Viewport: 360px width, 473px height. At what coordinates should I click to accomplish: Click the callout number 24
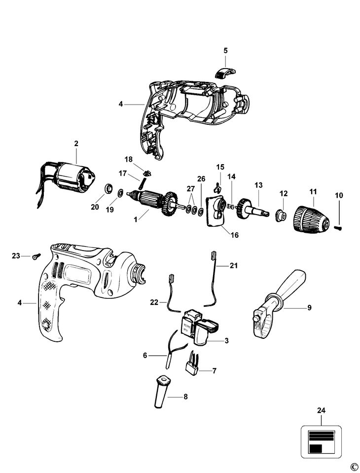[x=322, y=410]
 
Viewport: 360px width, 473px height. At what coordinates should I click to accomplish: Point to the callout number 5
[x=225, y=50]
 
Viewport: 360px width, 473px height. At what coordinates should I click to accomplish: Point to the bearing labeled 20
[x=108, y=189]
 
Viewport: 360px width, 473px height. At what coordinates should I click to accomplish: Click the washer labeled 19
[x=120, y=191]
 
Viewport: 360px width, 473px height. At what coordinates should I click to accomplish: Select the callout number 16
[x=234, y=235]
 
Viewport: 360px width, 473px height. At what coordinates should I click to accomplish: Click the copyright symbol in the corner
[x=353, y=467]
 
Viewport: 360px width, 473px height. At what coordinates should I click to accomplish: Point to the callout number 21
[x=233, y=266]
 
